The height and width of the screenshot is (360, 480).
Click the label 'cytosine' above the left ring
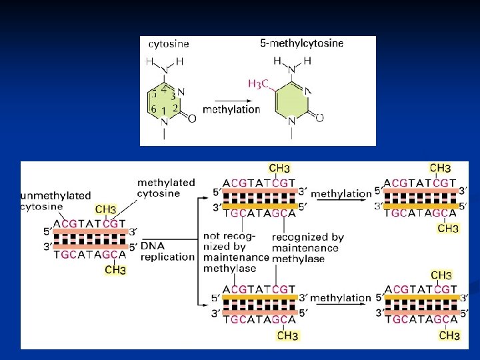[x=168, y=45]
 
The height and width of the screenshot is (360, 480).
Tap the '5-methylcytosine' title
[x=301, y=43]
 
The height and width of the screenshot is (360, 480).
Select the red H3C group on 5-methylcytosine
[x=259, y=83]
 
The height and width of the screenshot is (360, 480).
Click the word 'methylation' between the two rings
[x=231, y=109]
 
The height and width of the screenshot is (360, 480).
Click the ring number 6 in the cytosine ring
[x=153, y=109]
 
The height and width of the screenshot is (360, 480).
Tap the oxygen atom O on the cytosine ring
[x=192, y=118]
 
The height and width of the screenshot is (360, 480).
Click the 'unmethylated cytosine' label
[x=55, y=201]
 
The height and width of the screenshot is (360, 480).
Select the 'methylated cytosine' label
[x=166, y=187]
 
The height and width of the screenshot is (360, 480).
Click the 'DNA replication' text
[x=158, y=251]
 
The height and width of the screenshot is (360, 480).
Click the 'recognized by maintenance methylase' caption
[x=308, y=247]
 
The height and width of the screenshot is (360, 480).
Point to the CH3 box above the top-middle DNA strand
[x=279, y=169]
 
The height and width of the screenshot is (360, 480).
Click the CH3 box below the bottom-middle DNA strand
[x=288, y=335]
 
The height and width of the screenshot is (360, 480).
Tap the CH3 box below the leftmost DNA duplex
[x=115, y=270]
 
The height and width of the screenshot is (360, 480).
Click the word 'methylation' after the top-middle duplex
[x=341, y=194]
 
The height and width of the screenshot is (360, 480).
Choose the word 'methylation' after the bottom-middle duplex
[x=340, y=298]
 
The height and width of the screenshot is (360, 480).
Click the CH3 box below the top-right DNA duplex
[x=448, y=228]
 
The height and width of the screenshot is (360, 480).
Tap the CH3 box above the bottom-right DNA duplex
[x=441, y=275]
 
